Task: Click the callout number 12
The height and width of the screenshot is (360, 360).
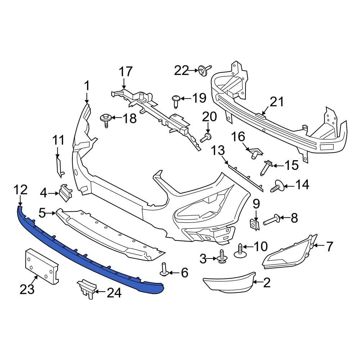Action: pos(20,189)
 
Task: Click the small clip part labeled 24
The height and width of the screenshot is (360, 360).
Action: pos(87,288)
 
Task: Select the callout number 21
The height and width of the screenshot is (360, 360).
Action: pos(276,102)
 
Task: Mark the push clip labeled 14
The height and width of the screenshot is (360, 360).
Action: pos(278,186)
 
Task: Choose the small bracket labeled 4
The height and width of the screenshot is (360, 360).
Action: pos(65,193)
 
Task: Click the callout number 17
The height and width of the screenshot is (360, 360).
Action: pos(126,71)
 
